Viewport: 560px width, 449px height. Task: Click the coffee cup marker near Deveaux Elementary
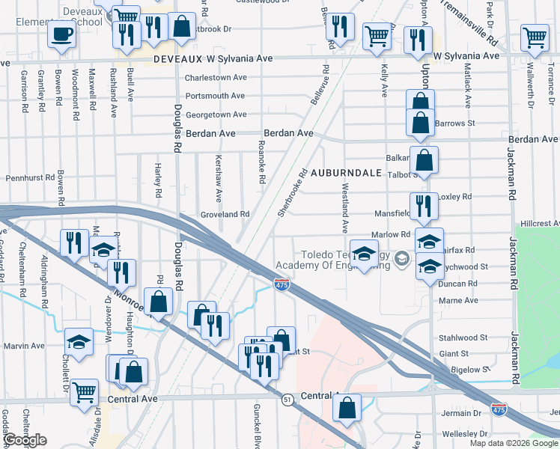click(61, 34)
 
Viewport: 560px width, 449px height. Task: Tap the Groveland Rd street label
click(225, 214)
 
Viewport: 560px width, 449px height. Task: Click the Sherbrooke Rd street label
click(293, 192)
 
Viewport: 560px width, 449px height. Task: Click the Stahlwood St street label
click(464, 337)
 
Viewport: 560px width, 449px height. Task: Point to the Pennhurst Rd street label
click(31, 179)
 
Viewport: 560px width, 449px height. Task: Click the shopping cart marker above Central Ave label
click(85, 391)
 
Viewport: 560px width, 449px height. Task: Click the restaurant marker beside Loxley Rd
click(423, 205)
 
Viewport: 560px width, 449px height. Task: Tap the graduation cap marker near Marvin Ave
click(79, 341)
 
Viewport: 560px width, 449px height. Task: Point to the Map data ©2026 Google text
click(513, 443)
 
